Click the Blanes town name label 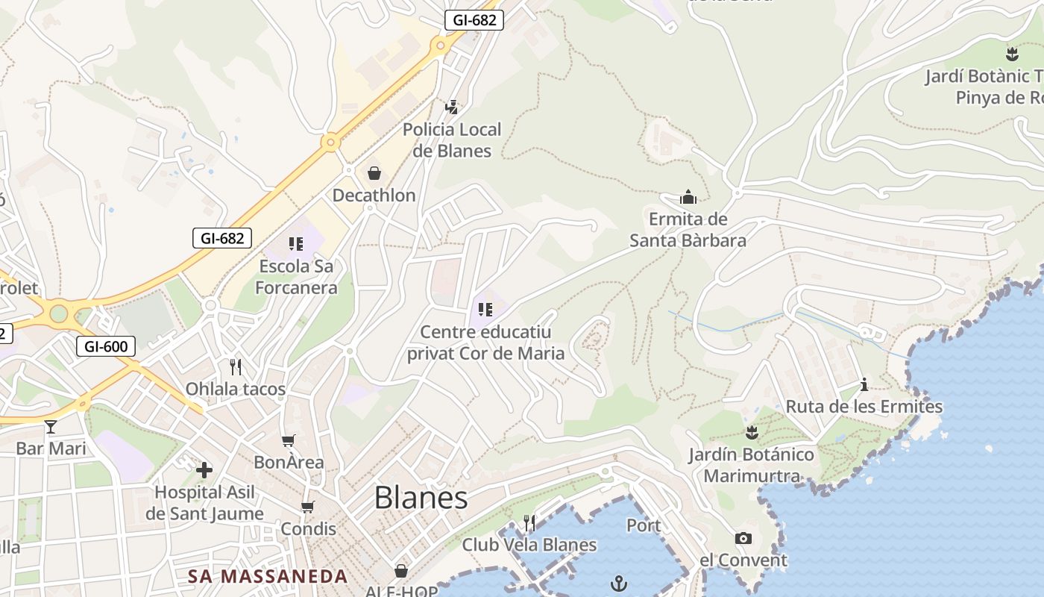421,498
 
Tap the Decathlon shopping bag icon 374,173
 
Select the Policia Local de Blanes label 452,140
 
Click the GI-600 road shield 106,346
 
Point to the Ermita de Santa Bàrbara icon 688,197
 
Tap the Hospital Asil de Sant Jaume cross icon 204,469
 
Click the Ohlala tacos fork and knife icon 236,366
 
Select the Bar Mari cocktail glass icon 51,427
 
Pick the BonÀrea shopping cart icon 289,440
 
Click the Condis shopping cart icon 307,507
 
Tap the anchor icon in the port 619,583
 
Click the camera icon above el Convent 743,538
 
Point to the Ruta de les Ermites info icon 864,384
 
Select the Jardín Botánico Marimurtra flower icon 752,432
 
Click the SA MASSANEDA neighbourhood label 268,576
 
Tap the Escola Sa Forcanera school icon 296,243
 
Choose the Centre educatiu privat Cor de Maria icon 485,309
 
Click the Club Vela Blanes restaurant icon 529,522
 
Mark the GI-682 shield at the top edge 474,20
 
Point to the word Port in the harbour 644,525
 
